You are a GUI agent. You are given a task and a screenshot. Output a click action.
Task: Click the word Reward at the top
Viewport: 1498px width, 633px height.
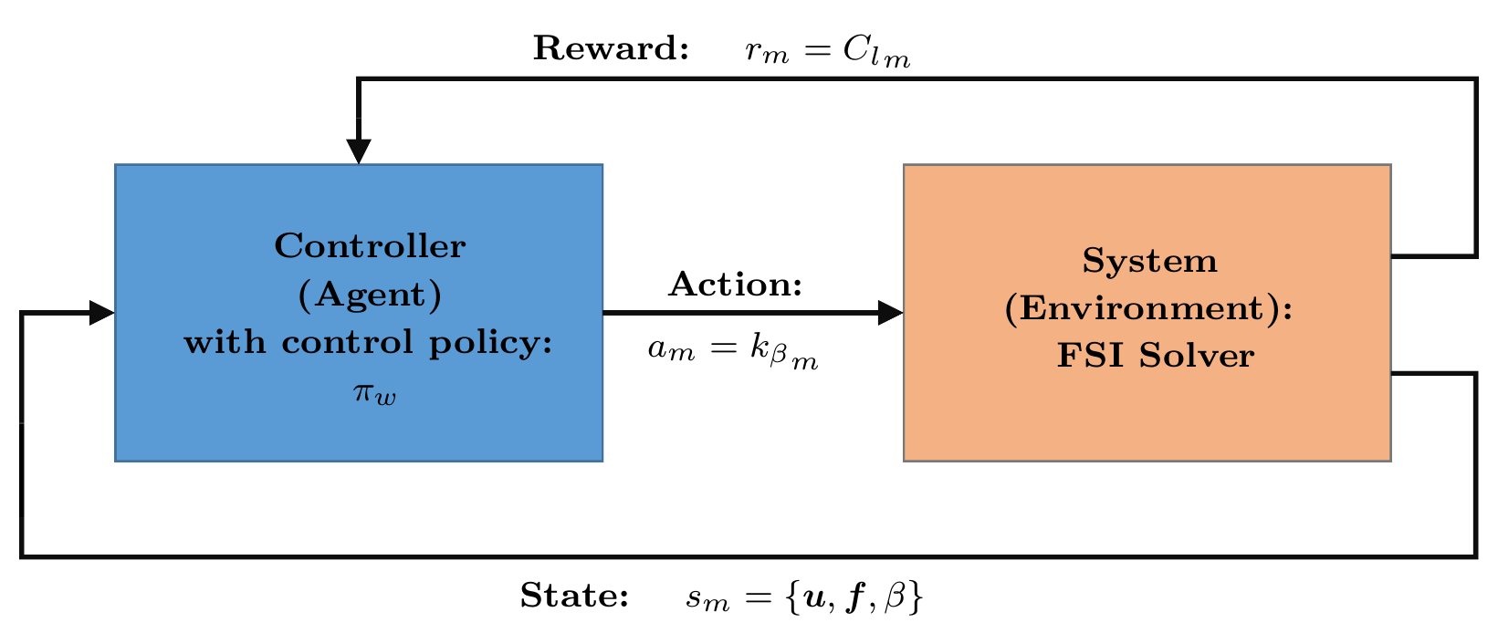click(610, 48)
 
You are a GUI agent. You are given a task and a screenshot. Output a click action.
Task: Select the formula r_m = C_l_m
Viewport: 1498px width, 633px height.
click(828, 51)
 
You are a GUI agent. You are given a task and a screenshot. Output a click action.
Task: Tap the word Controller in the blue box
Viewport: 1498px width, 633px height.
click(370, 245)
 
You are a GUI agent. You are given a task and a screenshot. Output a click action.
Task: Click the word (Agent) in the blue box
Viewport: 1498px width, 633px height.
click(370, 295)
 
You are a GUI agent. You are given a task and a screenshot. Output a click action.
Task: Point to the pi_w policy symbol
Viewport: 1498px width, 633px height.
click(374, 393)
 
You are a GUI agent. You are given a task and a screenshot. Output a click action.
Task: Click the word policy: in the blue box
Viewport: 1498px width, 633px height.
click(491, 344)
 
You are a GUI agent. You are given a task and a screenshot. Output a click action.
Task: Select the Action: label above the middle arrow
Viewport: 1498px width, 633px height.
click(735, 284)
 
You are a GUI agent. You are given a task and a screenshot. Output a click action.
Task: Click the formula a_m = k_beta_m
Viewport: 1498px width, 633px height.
click(733, 351)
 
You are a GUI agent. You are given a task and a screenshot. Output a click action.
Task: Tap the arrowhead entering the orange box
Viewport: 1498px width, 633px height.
click(891, 312)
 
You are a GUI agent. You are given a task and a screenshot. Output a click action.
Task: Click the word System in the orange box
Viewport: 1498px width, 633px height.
click(1149, 260)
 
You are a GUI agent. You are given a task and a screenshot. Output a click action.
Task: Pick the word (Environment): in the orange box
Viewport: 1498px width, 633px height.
click(1149, 309)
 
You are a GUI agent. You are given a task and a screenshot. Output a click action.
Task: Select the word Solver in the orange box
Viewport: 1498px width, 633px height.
click(1197, 355)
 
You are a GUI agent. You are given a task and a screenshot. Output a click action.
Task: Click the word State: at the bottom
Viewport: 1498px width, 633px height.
click(574, 595)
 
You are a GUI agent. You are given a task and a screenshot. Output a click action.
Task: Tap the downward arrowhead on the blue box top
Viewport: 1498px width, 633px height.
click(359, 151)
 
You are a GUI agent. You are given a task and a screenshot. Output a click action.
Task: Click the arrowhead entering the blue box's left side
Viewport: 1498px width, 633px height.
click(101, 312)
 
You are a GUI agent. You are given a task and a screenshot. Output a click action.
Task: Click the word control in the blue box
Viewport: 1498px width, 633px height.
click(347, 342)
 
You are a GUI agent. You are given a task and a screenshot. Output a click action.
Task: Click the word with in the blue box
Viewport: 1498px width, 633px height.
click(225, 342)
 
